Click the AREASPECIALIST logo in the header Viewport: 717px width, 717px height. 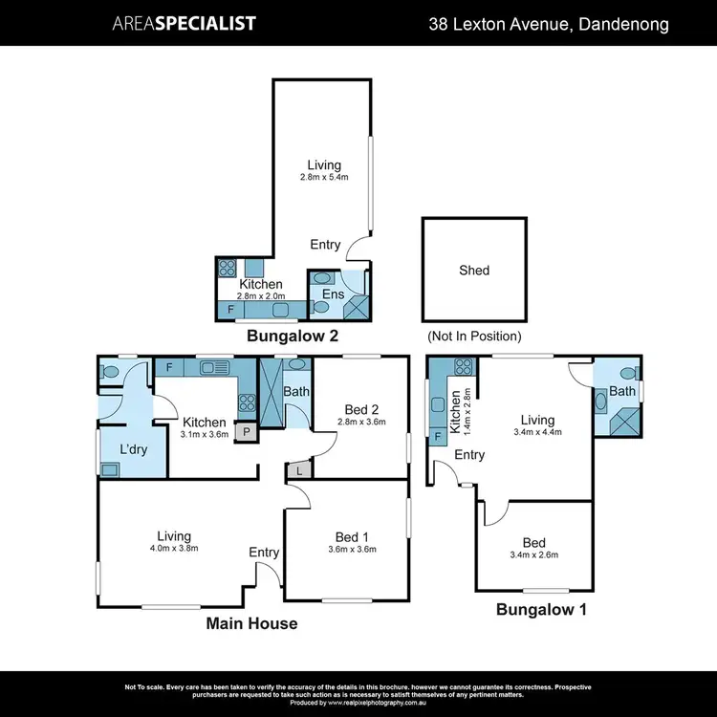click(185, 23)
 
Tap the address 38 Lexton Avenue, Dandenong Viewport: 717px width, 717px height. click(549, 23)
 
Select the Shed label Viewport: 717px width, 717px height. click(474, 271)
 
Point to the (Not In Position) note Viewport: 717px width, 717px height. click(474, 337)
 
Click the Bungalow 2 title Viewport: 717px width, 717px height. click(293, 337)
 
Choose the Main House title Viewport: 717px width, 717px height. click(252, 623)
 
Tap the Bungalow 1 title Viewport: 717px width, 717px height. click(541, 608)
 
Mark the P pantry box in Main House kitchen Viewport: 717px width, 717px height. click(246, 431)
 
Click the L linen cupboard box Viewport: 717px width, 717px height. click(299, 471)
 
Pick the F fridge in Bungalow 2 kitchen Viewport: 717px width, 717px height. click(230, 310)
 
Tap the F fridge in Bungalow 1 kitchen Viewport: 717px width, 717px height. click(439, 436)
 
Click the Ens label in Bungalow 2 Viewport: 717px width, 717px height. click(333, 294)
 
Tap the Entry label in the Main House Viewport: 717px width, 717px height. click(264, 553)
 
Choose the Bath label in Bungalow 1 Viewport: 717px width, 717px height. click(622, 392)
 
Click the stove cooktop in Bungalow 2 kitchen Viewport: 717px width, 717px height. click(228, 268)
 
